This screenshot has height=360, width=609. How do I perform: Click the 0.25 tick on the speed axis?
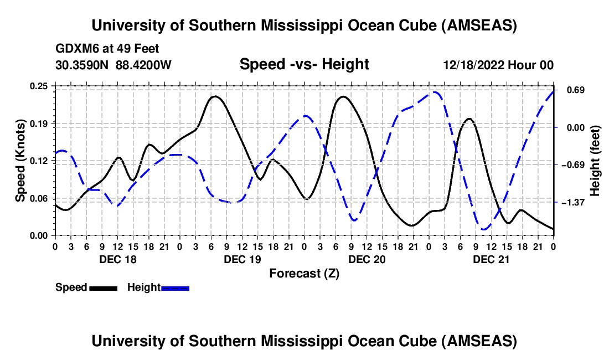[40, 86]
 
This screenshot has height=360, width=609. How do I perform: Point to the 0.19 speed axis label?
[40, 123]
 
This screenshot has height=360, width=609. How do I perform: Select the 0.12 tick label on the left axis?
[40, 161]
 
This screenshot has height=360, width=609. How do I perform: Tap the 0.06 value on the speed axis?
[40, 198]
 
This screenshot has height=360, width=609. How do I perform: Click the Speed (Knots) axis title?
[20, 161]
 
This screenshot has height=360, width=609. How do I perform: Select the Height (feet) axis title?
[595, 161]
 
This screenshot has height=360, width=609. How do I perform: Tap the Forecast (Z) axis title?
[304, 273]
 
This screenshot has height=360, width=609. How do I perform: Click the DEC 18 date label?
[117, 259]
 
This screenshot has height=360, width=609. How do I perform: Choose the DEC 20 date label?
[367, 259]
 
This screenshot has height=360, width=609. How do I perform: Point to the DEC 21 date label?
[491, 259]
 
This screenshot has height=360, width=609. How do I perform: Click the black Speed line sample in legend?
[103, 287]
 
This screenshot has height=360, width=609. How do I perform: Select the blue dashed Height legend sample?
[176, 287]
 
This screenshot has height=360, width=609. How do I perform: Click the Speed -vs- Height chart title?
[304, 65]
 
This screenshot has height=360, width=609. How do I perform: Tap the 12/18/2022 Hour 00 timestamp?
[498, 65]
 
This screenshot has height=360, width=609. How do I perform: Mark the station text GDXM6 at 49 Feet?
[107, 49]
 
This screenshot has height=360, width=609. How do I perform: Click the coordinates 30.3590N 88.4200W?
[113, 65]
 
